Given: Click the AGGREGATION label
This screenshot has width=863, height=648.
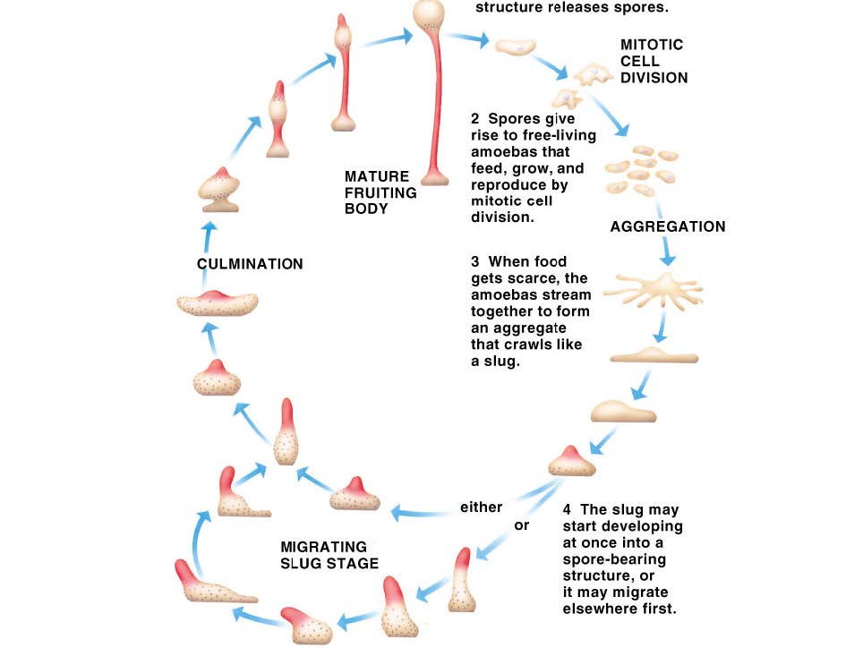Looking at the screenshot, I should click(667, 227).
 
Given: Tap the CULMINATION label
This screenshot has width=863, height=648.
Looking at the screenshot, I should click(250, 264).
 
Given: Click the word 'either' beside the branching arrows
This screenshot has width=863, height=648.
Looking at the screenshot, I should click(482, 507).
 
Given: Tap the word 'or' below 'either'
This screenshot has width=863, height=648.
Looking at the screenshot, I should click(522, 524).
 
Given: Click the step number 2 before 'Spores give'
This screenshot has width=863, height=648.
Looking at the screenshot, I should click(475, 119).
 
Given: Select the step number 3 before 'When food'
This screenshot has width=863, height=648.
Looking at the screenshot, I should click(475, 263).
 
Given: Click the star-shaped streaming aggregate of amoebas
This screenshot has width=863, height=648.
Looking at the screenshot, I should click(653, 291).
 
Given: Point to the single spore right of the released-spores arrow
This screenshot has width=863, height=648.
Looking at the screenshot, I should click(516, 47).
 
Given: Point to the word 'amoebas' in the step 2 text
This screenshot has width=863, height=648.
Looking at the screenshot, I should click(503, 151).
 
